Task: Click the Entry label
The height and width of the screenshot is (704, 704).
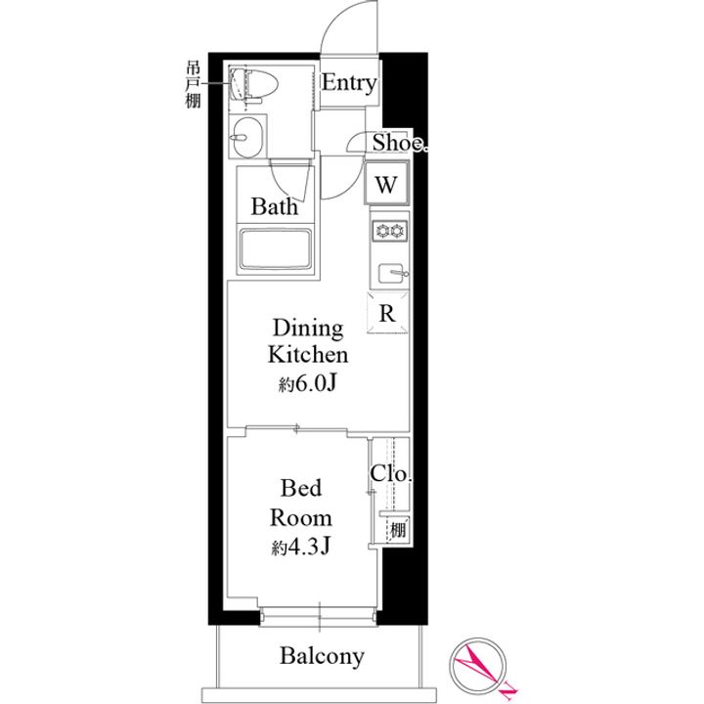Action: pyautogui.click(x=349, y=84)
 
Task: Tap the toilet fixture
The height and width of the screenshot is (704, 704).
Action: pyautogui.click(x=253, y=84)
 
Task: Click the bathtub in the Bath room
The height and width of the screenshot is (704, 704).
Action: pyautogui.click(x=276, y=249)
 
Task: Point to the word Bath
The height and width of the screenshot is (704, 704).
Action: pyautogui.click(x=274, y=206)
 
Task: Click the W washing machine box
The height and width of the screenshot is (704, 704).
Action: pyautogui.click(x=386, y=184)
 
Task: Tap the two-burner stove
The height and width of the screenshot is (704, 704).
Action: pyautogui.click(x=389, y=231)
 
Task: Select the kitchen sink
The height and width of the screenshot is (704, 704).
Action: pyautogui.click(x=392, y=273)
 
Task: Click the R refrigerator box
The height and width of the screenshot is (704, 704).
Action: pyautogui.click(x=387, y=313)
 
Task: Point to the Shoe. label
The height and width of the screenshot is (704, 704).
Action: pyautogui.click(x=400, y=143)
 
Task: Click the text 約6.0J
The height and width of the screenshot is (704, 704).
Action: pyautogui.click(x=308, y=383)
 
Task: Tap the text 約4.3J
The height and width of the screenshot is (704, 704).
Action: pyautogui.click(x=301, y=547)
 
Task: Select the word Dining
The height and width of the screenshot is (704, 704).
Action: pyautogui.click(x=308, y=330)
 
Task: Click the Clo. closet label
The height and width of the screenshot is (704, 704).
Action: pyautogui.click(x=390, y=473)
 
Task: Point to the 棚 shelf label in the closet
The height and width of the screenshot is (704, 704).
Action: pyautogui.click(x=398, y=530)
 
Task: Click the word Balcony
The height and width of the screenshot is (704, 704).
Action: pyautogui.click(x=322, y=656)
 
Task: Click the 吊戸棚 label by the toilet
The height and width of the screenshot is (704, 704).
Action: pyautogui.click(x=193, y=85)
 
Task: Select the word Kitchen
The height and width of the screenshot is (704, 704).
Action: pyautogui.click(x=308, y=355)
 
